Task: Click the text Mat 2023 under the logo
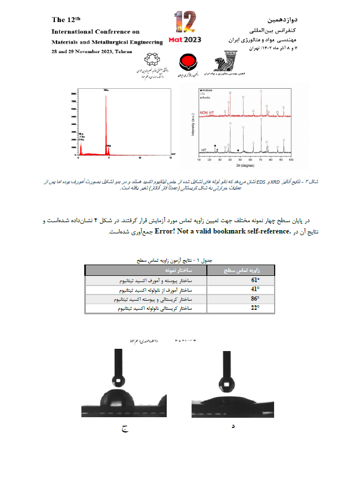184,40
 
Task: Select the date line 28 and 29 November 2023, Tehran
92,51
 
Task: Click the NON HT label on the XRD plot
208,113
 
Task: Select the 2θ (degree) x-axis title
244,167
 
